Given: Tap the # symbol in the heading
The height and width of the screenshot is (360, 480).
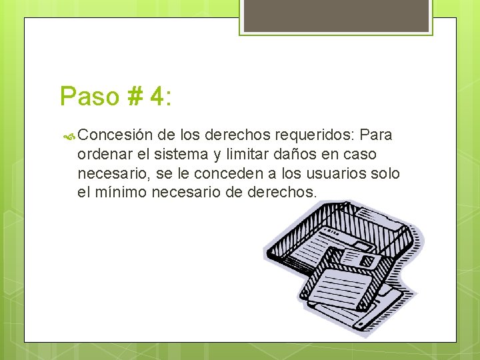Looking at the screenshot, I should (x=132, y=97).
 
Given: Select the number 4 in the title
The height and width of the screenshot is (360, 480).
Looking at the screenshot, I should (x=157, y=97).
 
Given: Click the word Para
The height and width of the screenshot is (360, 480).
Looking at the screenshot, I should (x=376, y=136).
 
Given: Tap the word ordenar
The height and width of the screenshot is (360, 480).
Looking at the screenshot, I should (x=103, y=155).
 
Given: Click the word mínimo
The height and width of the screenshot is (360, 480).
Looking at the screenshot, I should (x=123, y=193).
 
